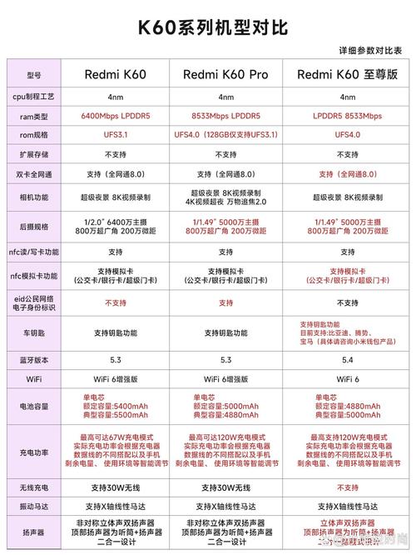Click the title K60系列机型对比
tap(207, 27)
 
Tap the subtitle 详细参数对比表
tap(369, 51)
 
